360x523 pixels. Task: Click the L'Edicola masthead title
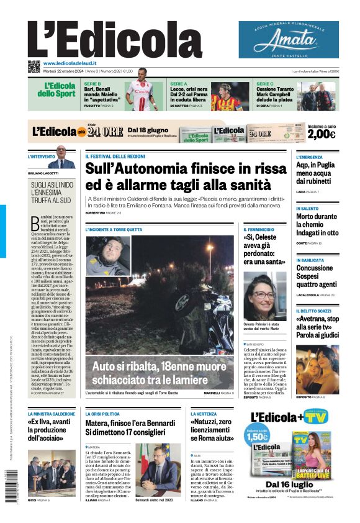coord(114,39)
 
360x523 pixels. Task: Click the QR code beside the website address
coord(34,65)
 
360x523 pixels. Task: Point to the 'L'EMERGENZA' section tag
coord(309,157)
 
